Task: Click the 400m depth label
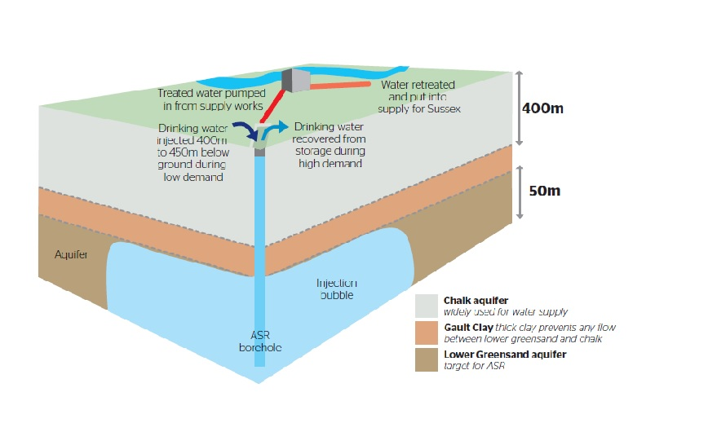coord(542,108)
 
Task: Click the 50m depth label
coord(545,191)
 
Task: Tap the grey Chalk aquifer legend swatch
coord(427,306)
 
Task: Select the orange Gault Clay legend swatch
coord(427,333)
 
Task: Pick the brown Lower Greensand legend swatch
coord(427,359)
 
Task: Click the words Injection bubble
coord(337,289)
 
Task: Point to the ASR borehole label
coord(260,341)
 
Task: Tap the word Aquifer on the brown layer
coord(71,254)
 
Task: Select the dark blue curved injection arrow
coord(244,129)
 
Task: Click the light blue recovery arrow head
coord(283,126)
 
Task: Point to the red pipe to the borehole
coord(272,107)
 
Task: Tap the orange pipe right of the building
coord(340,85)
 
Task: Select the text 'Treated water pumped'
coord(211,93)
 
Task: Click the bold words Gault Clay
coord(468,328)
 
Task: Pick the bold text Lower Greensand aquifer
coord(505,355)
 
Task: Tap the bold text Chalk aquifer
coord(476,301)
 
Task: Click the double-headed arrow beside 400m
coord(520,108)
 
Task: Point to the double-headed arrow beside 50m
coord(520,192)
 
